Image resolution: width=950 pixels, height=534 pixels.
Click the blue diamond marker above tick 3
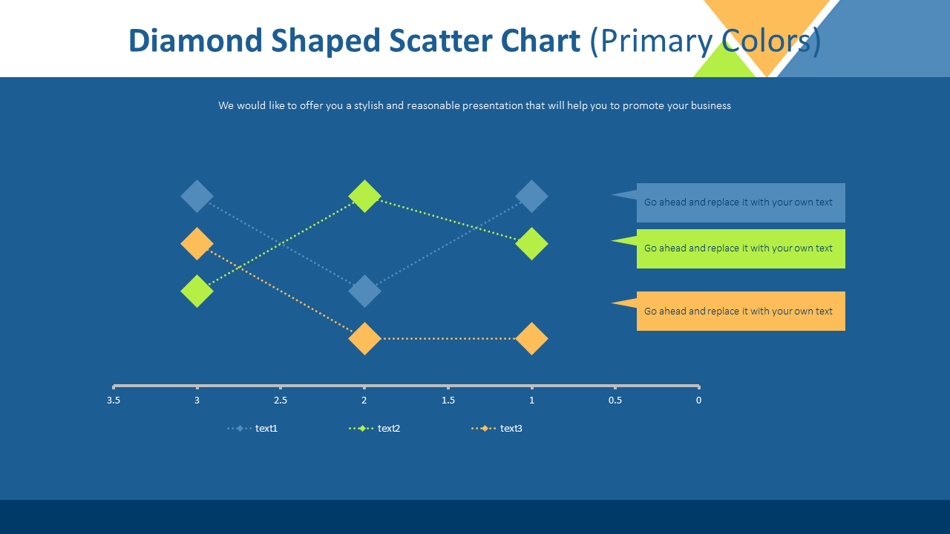pos(197,197)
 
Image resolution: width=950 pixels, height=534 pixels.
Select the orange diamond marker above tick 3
pos(197,244)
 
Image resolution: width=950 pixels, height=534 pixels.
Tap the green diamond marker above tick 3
pos(197,291)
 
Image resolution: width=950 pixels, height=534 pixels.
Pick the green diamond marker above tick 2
pos(364,197)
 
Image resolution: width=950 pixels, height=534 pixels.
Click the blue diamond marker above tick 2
pos(364,291)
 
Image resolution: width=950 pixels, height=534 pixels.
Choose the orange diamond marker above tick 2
pos(364,339)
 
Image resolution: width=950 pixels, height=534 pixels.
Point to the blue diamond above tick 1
pos(531,197)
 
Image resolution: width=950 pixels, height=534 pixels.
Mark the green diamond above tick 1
pos(531,244)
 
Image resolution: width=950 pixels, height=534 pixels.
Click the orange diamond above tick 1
pos(531,339)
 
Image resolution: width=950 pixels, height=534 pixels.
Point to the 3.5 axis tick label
pos(114,400)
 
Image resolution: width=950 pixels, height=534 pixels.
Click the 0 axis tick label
pos(698,400)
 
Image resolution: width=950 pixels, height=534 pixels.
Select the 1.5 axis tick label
pos(448,400)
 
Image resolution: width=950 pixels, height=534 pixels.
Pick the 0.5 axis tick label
pos(615,400)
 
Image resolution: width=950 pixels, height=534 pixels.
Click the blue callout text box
pos(740,202)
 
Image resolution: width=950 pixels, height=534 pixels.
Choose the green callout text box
pos(740,248)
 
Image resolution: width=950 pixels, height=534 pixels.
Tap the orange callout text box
pos(740,311)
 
